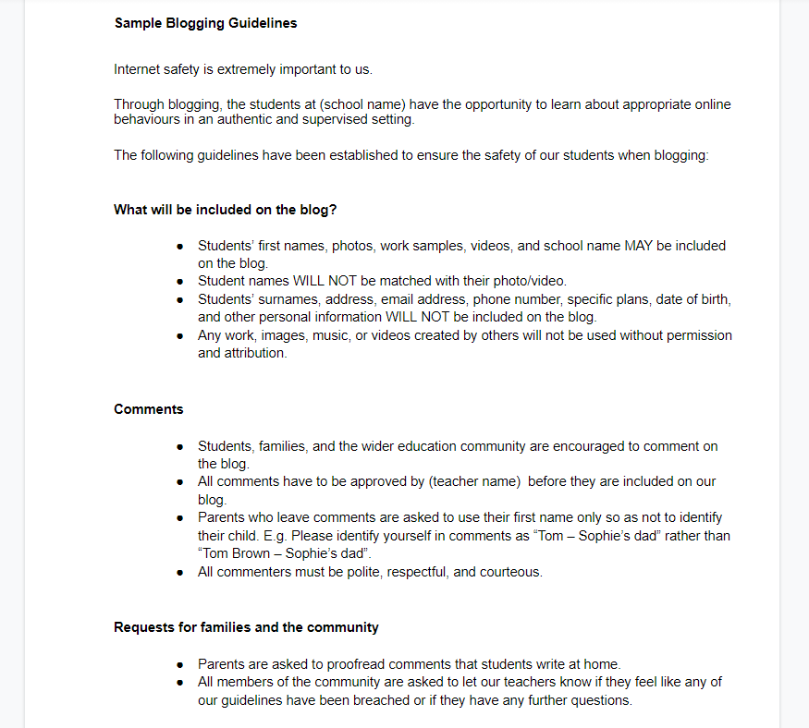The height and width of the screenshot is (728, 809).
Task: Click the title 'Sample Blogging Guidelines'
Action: [x=205, y=23]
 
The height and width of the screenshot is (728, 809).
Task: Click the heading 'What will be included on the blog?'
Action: [x=231, y=210]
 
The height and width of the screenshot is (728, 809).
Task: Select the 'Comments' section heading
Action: [x=148, y=409]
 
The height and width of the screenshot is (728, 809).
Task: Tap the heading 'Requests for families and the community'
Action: [x=246, y=627]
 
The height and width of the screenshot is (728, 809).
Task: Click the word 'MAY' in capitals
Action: [x=640, y=246]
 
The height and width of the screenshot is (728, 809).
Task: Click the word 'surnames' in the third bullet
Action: [x=277, y=299]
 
